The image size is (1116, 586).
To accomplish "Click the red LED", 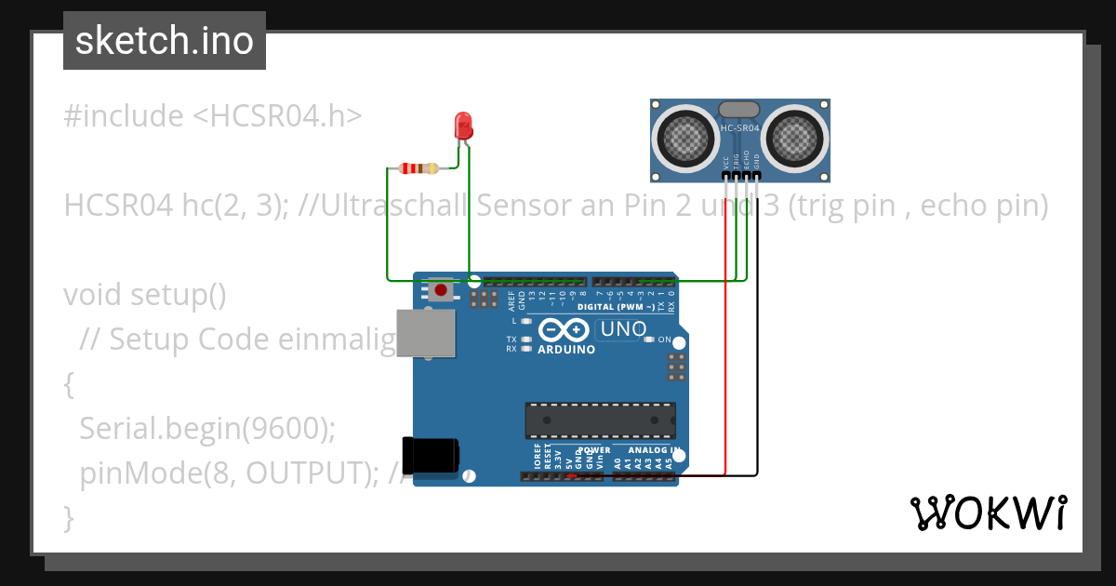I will point(463,126).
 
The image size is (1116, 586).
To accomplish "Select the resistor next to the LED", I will point(418,168).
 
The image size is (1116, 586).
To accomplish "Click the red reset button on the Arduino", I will point(441,291).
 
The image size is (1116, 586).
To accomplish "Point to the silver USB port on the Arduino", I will point(426,333).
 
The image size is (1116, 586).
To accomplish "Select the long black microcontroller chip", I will point(600,420).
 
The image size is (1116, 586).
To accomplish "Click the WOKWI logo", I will point(988,513).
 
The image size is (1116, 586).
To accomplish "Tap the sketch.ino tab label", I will point(165,41).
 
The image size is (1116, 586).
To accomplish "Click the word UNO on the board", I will point(623,329).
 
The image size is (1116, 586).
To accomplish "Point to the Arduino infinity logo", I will point(564,330).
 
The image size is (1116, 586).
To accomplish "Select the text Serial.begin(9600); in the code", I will point(206,428).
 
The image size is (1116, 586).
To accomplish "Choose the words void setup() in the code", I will point(145,295).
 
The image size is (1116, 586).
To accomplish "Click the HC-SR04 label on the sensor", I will point(739,127).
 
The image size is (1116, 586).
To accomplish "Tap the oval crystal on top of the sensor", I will point(739,111).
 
